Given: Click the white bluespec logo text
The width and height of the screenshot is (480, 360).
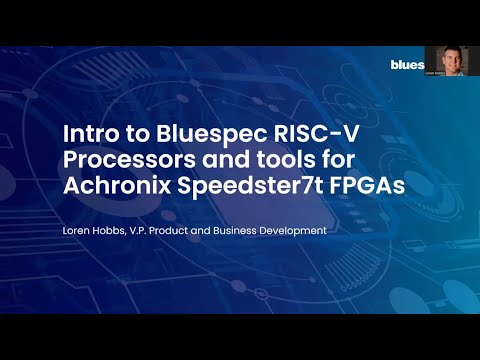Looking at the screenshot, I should tap(407, 65).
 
